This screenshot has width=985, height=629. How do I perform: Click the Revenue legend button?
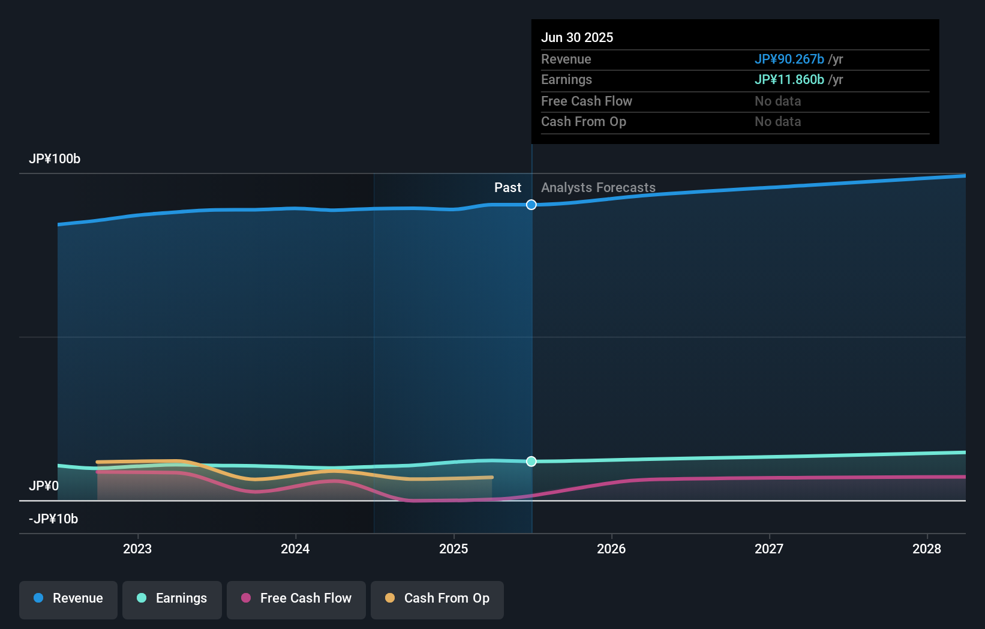68,598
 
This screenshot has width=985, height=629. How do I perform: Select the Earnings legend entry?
172,598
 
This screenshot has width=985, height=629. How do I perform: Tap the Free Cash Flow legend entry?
296,598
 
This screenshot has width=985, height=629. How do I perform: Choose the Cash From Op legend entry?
437,598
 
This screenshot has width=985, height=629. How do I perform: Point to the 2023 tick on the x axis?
137,549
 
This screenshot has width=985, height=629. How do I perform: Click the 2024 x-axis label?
295,549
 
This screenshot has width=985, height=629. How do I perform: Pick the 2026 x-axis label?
611,549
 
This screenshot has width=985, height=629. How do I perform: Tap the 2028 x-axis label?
927,549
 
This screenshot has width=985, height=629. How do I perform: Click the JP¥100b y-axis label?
55,159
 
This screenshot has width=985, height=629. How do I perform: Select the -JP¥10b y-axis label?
53,519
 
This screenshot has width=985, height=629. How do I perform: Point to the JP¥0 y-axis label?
44,486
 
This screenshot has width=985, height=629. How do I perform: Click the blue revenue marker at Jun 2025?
531,205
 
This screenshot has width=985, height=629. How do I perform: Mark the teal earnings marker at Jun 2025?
531,462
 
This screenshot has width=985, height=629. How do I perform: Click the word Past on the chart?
507,188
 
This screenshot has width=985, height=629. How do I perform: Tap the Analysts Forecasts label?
598,188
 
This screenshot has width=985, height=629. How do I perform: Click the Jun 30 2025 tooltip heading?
577,38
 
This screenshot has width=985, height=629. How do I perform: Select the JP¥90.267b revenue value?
789,59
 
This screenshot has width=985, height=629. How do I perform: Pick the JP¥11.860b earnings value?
789,80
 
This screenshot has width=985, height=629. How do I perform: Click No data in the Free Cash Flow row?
777,101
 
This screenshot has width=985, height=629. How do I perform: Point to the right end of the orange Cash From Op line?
492,478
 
